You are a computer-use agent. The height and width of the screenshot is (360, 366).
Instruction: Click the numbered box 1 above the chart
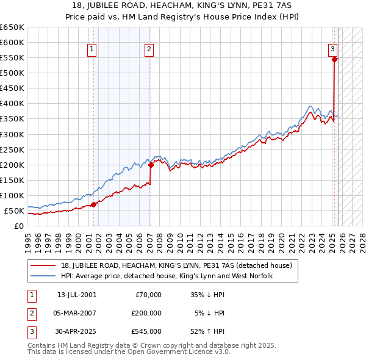[92, 49]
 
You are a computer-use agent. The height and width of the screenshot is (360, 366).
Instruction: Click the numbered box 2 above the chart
[149, 49]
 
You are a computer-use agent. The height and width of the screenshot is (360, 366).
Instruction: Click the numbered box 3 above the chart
[333, 49]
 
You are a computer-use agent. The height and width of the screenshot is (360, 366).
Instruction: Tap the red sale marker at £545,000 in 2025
[334, 59]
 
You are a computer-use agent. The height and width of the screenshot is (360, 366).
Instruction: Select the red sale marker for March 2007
[151, 165]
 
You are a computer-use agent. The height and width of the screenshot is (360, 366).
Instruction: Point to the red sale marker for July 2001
[93, 204]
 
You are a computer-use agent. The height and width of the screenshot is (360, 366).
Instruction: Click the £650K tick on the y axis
[12, 27]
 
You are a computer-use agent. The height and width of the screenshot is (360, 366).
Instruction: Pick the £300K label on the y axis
[12, 134]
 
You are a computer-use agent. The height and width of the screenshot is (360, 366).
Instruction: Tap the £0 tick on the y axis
[18, 226]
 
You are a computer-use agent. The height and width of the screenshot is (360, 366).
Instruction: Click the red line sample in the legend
[43, 265]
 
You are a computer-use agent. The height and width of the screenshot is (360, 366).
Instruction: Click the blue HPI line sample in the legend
[43, 276]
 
